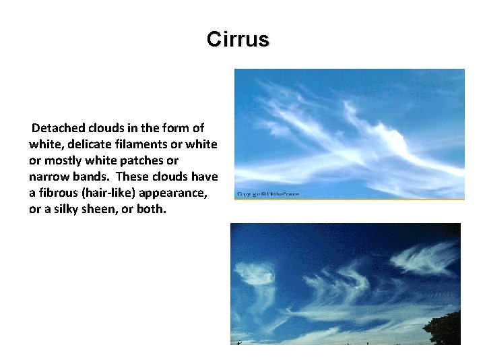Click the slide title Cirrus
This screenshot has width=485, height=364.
click(x=238, y=39)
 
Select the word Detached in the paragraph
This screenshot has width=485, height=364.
click(x=57, y=128)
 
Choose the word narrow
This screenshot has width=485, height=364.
click(x=49, y=177)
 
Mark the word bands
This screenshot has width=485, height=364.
click(x=92, y=177)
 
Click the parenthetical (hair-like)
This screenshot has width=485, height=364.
click(x=112, y=193)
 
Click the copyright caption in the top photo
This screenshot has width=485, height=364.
click(x=267, y=194)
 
